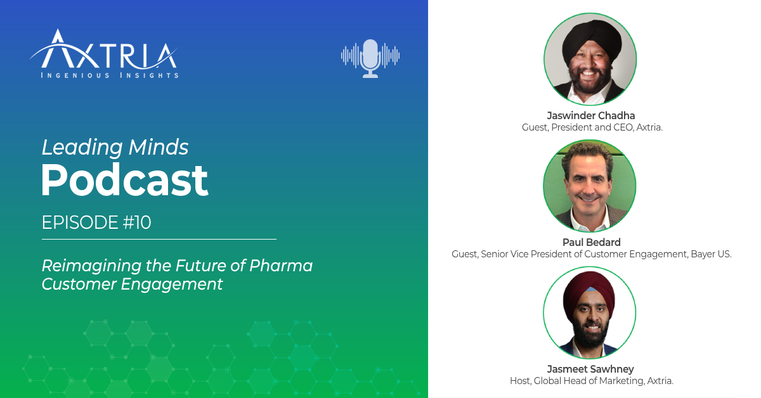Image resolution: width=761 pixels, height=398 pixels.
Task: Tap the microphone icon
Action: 370,58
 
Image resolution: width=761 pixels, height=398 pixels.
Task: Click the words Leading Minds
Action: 115,148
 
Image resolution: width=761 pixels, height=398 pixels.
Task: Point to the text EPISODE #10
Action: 96,223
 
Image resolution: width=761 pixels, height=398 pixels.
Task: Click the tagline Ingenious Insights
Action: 109,75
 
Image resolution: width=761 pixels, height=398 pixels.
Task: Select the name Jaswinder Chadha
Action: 591,116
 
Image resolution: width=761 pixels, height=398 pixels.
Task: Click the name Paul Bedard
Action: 591,242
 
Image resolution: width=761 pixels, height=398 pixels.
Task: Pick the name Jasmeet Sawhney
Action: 590,369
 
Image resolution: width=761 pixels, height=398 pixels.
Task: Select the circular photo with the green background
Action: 590,186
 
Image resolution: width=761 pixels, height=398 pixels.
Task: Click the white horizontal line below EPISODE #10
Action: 159,240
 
